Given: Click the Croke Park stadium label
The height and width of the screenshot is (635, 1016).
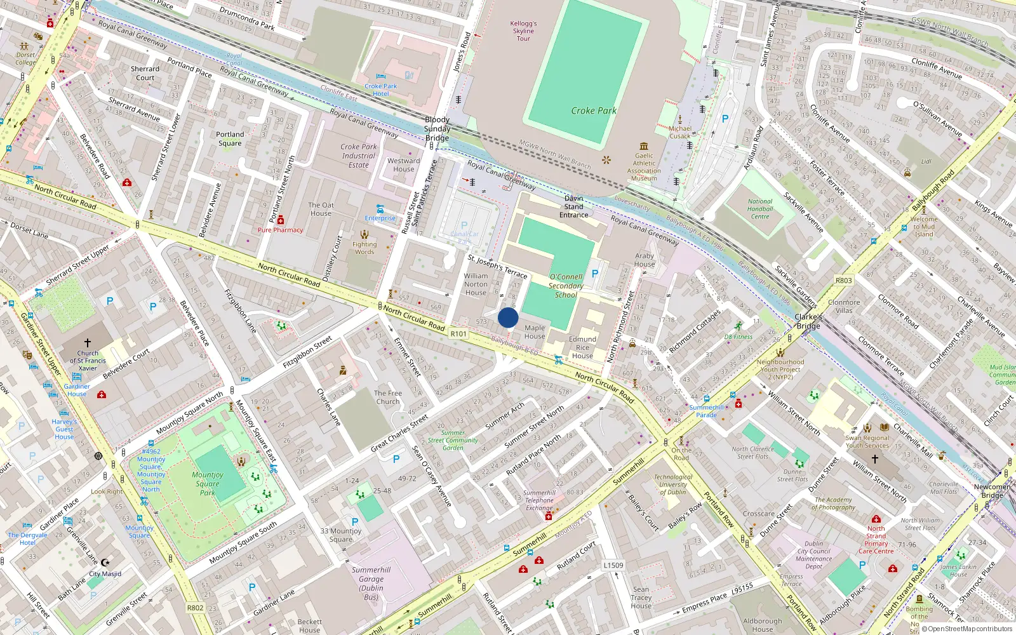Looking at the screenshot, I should [593, 110].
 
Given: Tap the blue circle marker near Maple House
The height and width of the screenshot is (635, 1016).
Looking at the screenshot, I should [508, 317].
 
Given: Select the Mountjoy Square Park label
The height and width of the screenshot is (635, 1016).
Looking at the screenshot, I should [208, 483].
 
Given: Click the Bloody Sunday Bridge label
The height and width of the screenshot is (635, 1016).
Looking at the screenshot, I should [437, 129].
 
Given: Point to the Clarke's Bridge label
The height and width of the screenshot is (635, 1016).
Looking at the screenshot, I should [808, 321].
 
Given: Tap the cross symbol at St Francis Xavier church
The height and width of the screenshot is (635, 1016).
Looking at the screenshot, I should [88, 343].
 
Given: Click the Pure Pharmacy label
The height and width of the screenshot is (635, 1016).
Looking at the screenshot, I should [280, 230].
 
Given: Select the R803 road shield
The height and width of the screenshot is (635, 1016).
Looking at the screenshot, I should [844, 280].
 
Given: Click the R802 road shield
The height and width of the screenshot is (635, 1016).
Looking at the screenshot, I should [195, 608].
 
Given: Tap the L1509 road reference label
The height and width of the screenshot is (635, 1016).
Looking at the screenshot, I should [613, 565].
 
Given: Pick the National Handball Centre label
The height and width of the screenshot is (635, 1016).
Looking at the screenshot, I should [760, 209].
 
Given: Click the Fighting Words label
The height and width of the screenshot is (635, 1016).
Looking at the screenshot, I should [364, 248].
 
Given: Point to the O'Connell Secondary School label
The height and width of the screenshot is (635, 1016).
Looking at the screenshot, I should [566, 286].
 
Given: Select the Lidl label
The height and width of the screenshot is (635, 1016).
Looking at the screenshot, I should [926, 161].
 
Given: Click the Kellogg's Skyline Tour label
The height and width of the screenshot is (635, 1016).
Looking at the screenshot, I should [523, 31].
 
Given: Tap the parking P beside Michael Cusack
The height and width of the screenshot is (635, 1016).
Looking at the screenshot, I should [725, 119].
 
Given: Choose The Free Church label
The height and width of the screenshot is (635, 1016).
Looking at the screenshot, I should [388, 397].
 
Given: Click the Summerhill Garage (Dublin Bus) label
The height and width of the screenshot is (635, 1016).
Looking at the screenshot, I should [371, 583].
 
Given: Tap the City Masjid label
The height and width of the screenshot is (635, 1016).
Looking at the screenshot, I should [105, 573].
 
